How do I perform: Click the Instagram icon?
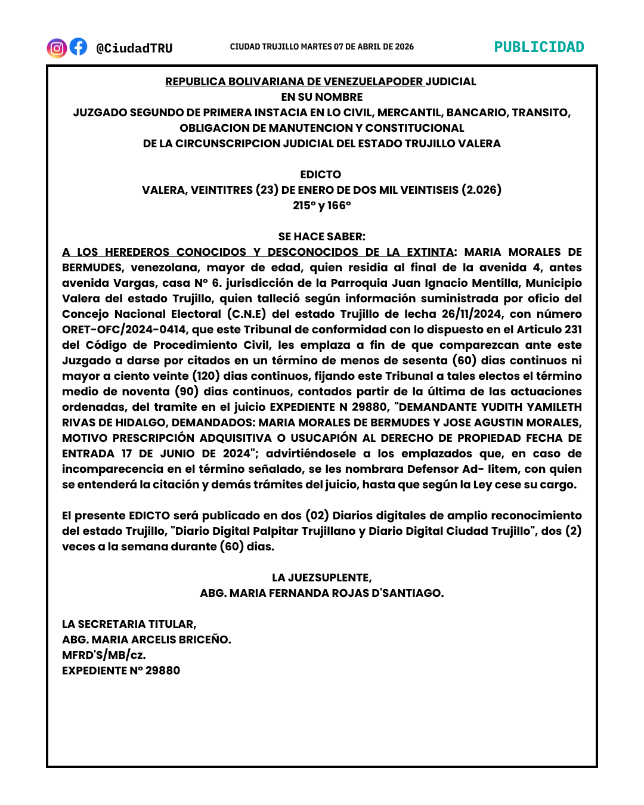57,48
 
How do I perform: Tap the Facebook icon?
78,47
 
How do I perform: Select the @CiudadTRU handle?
134,48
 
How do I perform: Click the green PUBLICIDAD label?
539,47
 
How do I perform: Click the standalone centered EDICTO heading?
321,175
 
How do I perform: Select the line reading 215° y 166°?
322,206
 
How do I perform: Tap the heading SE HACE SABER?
322,237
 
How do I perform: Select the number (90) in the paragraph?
187,392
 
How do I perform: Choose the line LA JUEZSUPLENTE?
322,578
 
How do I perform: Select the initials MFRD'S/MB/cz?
104,655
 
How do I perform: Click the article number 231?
573,330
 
